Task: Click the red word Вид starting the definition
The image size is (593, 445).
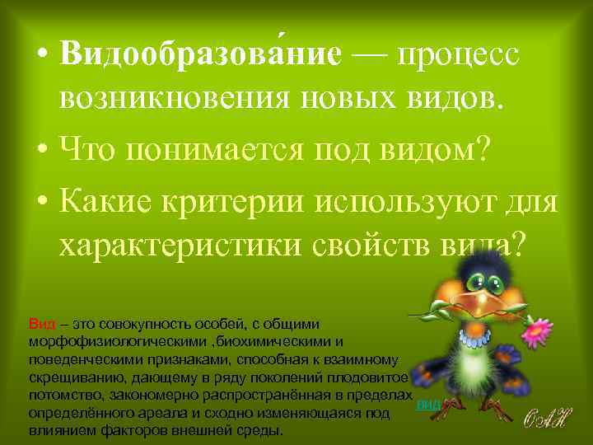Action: [40, 324]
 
